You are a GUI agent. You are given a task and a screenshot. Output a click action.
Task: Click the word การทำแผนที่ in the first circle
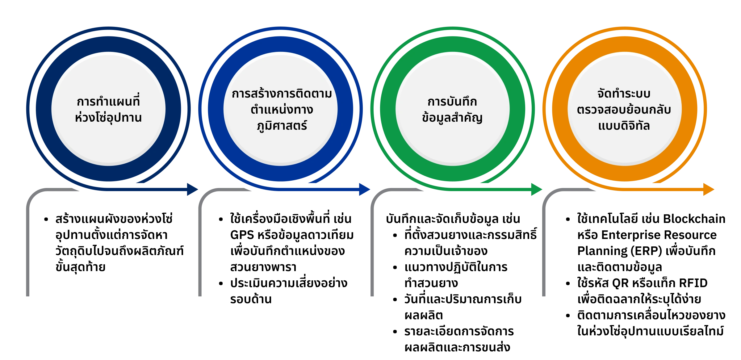pyautogui.click(x=108, y=101)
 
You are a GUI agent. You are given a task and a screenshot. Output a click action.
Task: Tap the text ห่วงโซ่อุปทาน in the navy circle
pyautogui.click(x=108, y=118)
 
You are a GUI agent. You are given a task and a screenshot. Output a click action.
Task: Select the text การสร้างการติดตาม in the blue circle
pyautogui.click(x=282, y=94)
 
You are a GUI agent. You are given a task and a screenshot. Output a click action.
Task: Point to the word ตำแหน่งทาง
pyautogui.click(x=282, y=110)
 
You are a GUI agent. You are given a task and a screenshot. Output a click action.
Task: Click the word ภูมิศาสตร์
pyautogui.click(x=282, y=126)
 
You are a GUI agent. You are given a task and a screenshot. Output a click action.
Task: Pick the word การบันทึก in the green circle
pyautogui.click(x=452, y=102)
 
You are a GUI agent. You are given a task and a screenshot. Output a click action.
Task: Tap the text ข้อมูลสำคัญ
pyautogui.click(x=452, y=118)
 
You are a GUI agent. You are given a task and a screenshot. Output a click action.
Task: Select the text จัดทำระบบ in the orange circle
pyautogui.click(x=624, y=94)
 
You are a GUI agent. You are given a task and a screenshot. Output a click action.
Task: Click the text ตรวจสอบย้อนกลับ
pyautogui.click(x=624, y=110)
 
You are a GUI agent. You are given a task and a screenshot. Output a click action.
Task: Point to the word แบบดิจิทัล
pyautogui.click(x=624, y=126)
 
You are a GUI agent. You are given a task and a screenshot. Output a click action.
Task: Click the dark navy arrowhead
pyautogui.click(x=193, y=190)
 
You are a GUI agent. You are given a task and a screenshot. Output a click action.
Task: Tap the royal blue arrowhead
pyautogui.click(x=365, y=190)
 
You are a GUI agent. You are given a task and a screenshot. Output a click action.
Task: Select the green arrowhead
pyautogui.click(x=537, y=190)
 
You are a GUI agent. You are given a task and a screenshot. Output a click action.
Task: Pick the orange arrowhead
pyautogui.click(x=709, y=190)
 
